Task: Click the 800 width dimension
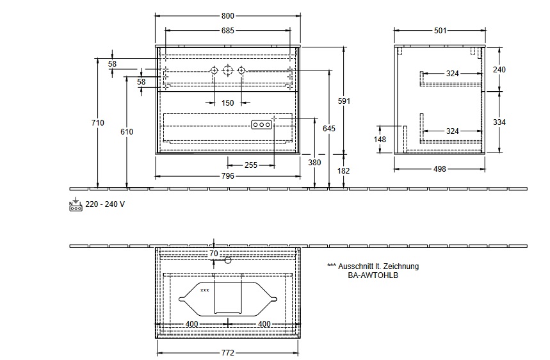tap(228, 16)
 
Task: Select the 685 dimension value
tap(228, 31)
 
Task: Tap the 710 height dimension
tap(97, 123)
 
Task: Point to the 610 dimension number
tap(127, 131)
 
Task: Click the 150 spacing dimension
tap(228, 102)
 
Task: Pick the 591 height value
tap(344, 101)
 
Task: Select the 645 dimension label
tap(329, 129)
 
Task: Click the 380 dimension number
tap(314, 163)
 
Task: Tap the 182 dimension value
tap(344, 170)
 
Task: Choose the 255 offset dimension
tap(251, 165)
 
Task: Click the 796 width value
tap(228, 176)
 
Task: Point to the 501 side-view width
tap(441, 31)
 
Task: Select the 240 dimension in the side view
tap(499, 69)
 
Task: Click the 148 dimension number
tap(380, 139)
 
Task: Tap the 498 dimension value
tap(439, 169)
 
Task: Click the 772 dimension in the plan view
tap(228, 352)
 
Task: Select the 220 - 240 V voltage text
tap(105, 204)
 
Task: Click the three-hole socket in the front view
tap(261, 124)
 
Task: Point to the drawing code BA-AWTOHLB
tap(373, 275)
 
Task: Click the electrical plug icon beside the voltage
tap(76, 205)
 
